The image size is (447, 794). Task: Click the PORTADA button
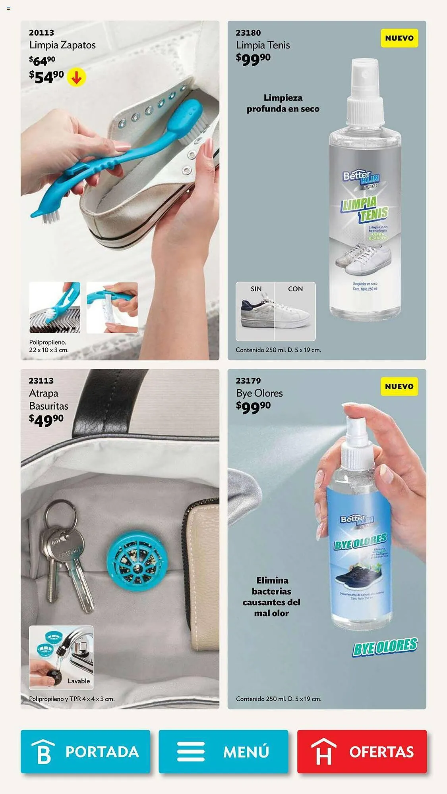pyautogui.click(x=85, y=752)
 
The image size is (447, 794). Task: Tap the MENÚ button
pyautogui.click(x=223, y=752)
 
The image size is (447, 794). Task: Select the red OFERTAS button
pyautogui.click(x=362, y=752)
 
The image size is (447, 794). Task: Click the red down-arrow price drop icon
pyautogui.click(x=76, y=77)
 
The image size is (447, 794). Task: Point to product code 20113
pyautogui.click(x=41, y=33)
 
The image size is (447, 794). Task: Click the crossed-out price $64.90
pyautogui.click(x=42, y=61)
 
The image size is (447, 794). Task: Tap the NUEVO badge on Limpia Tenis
pyautogui.click(x=399, y=38)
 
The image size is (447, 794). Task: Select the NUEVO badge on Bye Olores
pyautogui.click(x=399, y=386)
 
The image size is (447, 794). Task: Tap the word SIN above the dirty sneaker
pyautogui.click(x=256, y=289)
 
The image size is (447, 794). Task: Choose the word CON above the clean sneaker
pyautogui.click(x=295, y=289)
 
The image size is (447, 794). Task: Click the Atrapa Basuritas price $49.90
pyautogui.click(x=46, y=420)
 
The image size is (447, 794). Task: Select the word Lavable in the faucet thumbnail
pyautogui.click(x=79, y=681)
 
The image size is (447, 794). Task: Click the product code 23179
pyautogui.click(x=248, y=381)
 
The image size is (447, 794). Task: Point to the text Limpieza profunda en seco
pyautogui.click(x=283, y=103)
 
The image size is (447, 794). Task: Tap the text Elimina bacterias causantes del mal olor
pyautogui.click(x=272, y=597)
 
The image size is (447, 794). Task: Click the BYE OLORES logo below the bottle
pyautogui.click(x=385, y=647)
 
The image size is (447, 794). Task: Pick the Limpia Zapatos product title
pyautogui.click(x=62, y=45)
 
